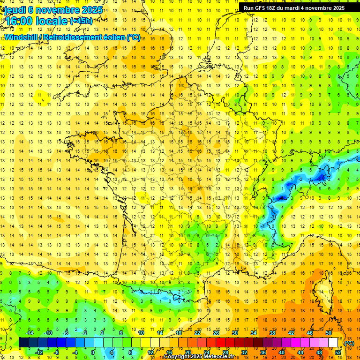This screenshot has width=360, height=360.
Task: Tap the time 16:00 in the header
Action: pos(19,21)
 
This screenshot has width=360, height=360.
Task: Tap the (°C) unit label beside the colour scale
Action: pos(349,343)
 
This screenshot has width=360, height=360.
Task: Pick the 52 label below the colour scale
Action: pos(338,352)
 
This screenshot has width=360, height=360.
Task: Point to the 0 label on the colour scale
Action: pos(93,352)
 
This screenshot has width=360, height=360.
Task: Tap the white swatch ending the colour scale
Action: pos(333,342)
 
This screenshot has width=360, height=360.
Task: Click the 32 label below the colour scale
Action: pos(244,352)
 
